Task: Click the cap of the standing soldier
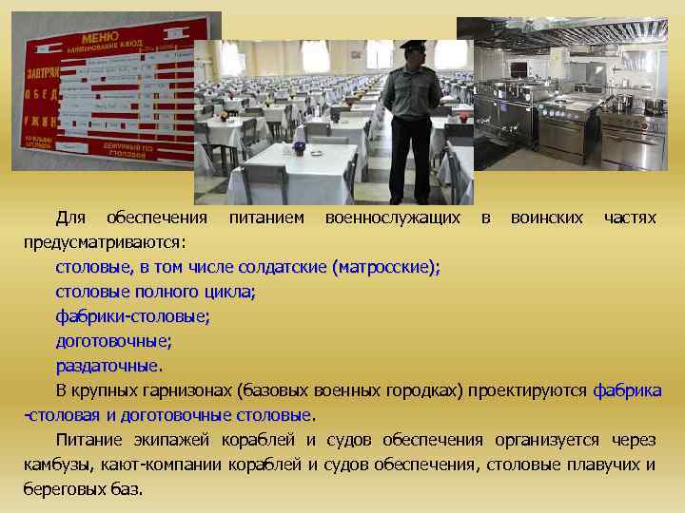[x=411, y=46]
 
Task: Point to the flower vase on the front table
[x=299, y=147]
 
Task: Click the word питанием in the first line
[x=267, y=218]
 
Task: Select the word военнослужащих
[x=399, y=218]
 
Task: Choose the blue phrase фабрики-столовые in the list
[x=133, y=316]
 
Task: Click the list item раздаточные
[x=108, y=366]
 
